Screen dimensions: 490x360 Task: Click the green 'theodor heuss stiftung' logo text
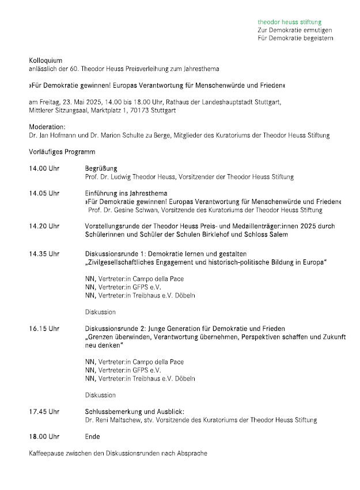coord(290,21)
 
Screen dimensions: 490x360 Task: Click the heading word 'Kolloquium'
coord(46,61)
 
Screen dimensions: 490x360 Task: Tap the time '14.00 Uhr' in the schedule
coord(44,168)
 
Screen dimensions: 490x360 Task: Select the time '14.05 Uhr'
coord(44,193)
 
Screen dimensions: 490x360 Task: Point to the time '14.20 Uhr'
coord(44,227)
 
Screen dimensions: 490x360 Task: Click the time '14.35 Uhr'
coord(44,254)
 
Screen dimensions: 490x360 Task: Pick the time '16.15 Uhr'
coord(44,329)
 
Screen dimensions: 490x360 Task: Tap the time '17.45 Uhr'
coord(44,412)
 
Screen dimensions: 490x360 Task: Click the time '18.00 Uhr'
coord(44,437)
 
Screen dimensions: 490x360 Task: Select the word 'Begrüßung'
coord(101,168)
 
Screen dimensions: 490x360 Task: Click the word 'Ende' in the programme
coord(92,437)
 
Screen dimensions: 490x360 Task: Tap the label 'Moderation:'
coord(47,127)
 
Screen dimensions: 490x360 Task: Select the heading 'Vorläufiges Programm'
coord(62,152)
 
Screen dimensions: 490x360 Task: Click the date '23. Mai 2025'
coord(81,102)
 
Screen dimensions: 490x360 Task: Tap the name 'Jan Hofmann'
coord(59,135)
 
